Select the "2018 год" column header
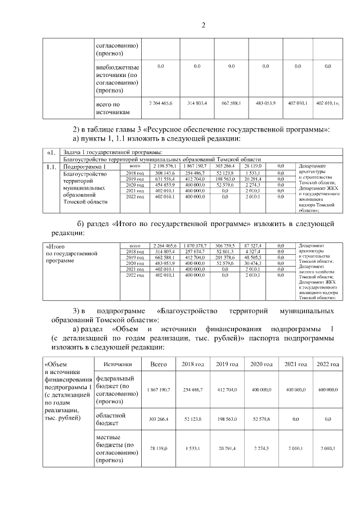(192, 364)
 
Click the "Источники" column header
(118, 364)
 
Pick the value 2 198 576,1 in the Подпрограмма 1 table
(163, 167)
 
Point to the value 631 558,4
(163, 179)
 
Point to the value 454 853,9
(163, 185)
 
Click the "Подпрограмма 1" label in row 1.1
(85, 167)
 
